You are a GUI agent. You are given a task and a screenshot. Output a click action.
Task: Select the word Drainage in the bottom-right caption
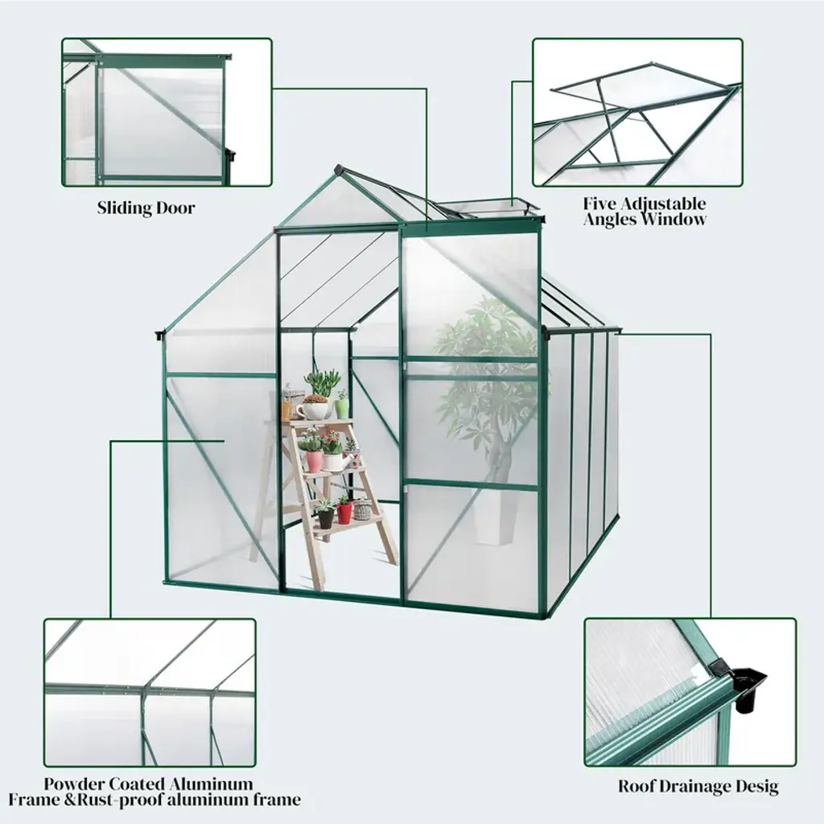(696, 786)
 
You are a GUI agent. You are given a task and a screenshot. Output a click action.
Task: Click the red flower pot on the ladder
(344, 513)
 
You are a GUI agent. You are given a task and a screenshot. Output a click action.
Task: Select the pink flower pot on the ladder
(315, 461)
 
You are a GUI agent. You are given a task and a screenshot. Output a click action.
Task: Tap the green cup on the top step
(342, 408)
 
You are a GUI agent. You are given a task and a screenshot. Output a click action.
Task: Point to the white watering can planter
(336, 462)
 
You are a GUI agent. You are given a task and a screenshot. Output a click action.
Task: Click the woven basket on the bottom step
(363, 509)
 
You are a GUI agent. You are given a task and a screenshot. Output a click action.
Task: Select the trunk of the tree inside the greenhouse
(499, 463)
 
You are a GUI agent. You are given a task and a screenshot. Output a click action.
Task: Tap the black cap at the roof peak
(340, 171)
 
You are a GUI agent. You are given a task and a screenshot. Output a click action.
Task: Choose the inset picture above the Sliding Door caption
(167, 112)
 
